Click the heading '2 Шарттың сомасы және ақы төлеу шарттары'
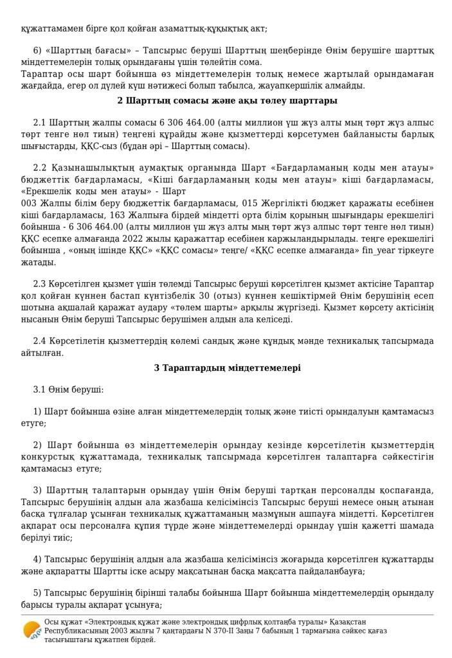click(227, 101)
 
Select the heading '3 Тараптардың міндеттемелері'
click(227, 368)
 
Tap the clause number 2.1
click(39, 123)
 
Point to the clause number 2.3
click(39, 284)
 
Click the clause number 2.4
click(39, 341)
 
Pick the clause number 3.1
click(39, 389)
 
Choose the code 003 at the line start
click(30, 203)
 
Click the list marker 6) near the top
click(37, 51)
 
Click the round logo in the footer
click(32, 630)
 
